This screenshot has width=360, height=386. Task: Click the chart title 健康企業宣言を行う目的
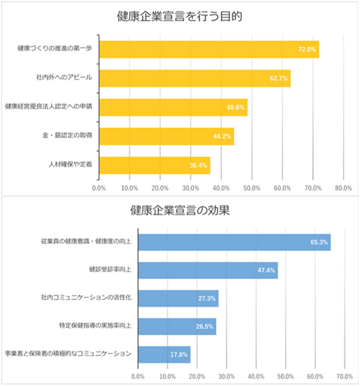(179, 16)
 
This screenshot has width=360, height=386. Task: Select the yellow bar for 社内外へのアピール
(194, 78)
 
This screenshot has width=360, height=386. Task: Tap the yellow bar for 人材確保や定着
(154, 165)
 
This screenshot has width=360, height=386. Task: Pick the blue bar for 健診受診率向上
(208, 270)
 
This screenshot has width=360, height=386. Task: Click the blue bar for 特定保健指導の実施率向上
(177, 326)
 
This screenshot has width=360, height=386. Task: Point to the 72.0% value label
(307, 50)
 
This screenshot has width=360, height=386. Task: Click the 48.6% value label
(236, 108)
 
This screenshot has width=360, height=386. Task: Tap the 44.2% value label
(222, 136)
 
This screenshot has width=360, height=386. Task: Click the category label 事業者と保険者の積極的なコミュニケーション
(68, 354)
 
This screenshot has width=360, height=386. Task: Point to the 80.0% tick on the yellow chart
(343, 188)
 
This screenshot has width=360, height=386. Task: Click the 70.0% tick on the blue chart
(344, 376)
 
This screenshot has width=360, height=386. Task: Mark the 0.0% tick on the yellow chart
(99, 188)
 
